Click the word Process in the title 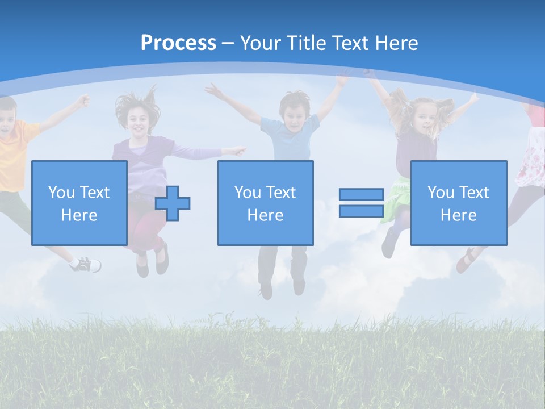[178, 43]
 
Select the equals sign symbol [361, 203]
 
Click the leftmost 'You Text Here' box [79, 203]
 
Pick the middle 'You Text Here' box [265, 203]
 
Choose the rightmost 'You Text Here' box [458, 203]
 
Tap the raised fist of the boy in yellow [84, 101]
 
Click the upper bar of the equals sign [361, 195]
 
